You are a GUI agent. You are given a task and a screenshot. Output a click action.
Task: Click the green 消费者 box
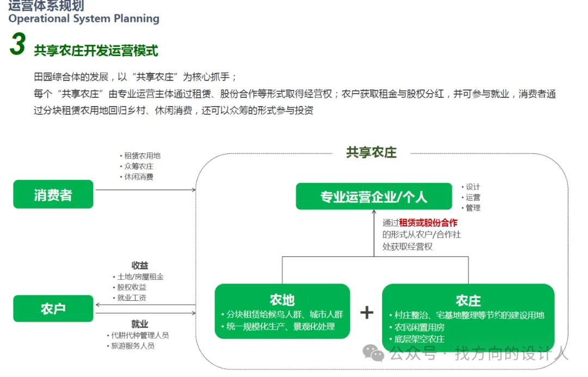coord(53,194)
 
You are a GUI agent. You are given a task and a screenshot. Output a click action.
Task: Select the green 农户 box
coord(53,308)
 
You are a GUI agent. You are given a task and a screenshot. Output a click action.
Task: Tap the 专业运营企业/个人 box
coord(373,196)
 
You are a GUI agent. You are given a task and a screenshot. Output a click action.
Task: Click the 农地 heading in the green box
coord(282,299)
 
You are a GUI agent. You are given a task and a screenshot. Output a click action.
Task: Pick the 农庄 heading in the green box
coord(468,300)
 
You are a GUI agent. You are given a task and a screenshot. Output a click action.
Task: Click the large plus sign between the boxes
coord(367,312)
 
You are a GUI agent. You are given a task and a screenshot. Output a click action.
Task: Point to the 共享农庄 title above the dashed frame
coord(371,153)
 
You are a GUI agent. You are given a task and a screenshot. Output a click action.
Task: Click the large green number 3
coord(17,45)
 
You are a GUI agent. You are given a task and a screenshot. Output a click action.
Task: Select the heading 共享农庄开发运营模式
coord(96,51)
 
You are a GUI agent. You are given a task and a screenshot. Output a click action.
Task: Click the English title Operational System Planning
coord(84,18)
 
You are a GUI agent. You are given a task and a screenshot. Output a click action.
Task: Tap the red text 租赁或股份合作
coord(428,223)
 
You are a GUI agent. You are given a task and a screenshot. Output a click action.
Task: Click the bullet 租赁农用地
coord(142,156)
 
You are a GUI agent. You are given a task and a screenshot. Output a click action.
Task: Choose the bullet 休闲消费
coord(138,177)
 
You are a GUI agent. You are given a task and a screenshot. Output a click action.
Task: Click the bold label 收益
coord(140,265)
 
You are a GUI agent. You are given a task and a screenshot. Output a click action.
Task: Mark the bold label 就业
coord(140,324)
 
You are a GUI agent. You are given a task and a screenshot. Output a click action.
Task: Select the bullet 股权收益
coord(132,287)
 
